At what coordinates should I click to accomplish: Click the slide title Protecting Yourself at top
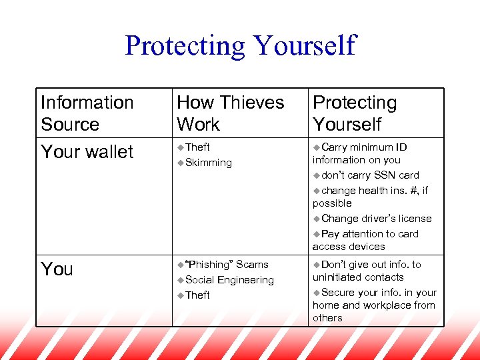[x=240, y=45]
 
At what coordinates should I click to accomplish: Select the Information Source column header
[x=87, y=113]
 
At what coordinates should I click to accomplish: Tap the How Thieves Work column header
[x=230, y=113]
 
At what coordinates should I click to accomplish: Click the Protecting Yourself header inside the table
[x=355, y=113]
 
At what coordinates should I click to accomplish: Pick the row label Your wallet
[x=87, y=152]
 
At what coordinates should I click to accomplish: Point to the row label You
[x=57, y=269]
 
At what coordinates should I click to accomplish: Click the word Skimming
[x=209, y=163]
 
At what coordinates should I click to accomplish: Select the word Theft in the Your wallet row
[x=198, y=147]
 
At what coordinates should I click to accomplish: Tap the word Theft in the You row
[x=198, y=295]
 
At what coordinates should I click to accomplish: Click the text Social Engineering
[x=229, y=280]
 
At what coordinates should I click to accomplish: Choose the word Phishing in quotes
[x=209, y=265]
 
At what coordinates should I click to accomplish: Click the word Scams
[x=253, y=265]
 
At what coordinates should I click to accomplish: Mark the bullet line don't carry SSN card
[x=370, y=175]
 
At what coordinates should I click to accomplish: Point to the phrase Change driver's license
[x=376, y=219]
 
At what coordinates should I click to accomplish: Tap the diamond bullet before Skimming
[x=181, y=163]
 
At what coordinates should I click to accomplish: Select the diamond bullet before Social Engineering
[x=181, y=280]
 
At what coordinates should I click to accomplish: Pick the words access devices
[x=349, y=247]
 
